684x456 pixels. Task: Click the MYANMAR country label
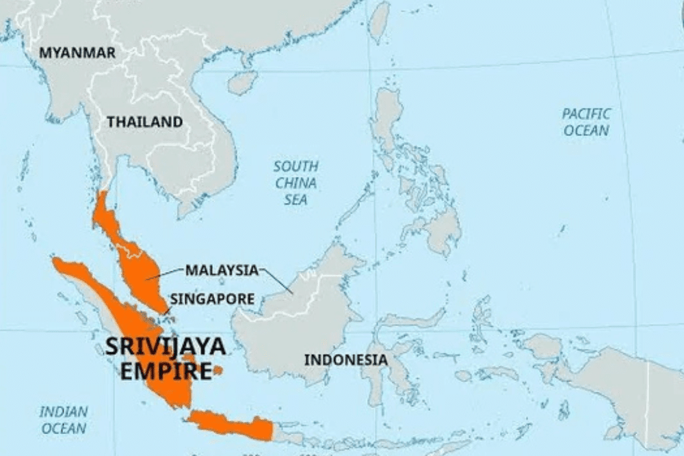coord(77,53)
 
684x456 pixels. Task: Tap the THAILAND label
coord(144,122)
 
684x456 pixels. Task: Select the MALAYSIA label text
coord(222,271)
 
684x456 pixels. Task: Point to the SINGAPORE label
coord(212,299)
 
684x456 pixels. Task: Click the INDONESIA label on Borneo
coord(345,360)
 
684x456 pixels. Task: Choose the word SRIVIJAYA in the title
coord(165,347)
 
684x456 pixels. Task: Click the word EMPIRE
coord(165,371)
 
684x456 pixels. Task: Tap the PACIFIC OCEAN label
coord(586,122)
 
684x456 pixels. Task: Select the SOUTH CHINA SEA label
coord(295,183)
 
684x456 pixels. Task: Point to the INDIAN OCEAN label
coord(64,420)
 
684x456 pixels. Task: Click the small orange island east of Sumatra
coord(218,371)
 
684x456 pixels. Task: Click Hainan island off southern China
coord(242,83)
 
